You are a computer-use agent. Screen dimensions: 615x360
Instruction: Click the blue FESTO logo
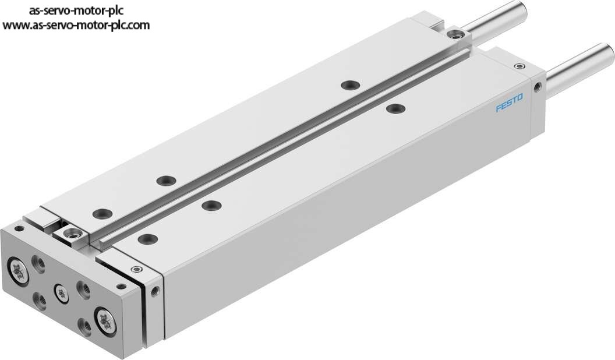(509, 103)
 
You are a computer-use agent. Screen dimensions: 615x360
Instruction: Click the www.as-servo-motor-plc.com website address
(76, 25)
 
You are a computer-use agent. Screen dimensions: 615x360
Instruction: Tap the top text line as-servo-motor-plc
(76, 10)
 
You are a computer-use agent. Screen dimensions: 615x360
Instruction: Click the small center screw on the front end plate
(61, 292)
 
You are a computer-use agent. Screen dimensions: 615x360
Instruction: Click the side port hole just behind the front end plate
(155, 291)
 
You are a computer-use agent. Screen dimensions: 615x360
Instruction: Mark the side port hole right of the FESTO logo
(538, 86)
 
